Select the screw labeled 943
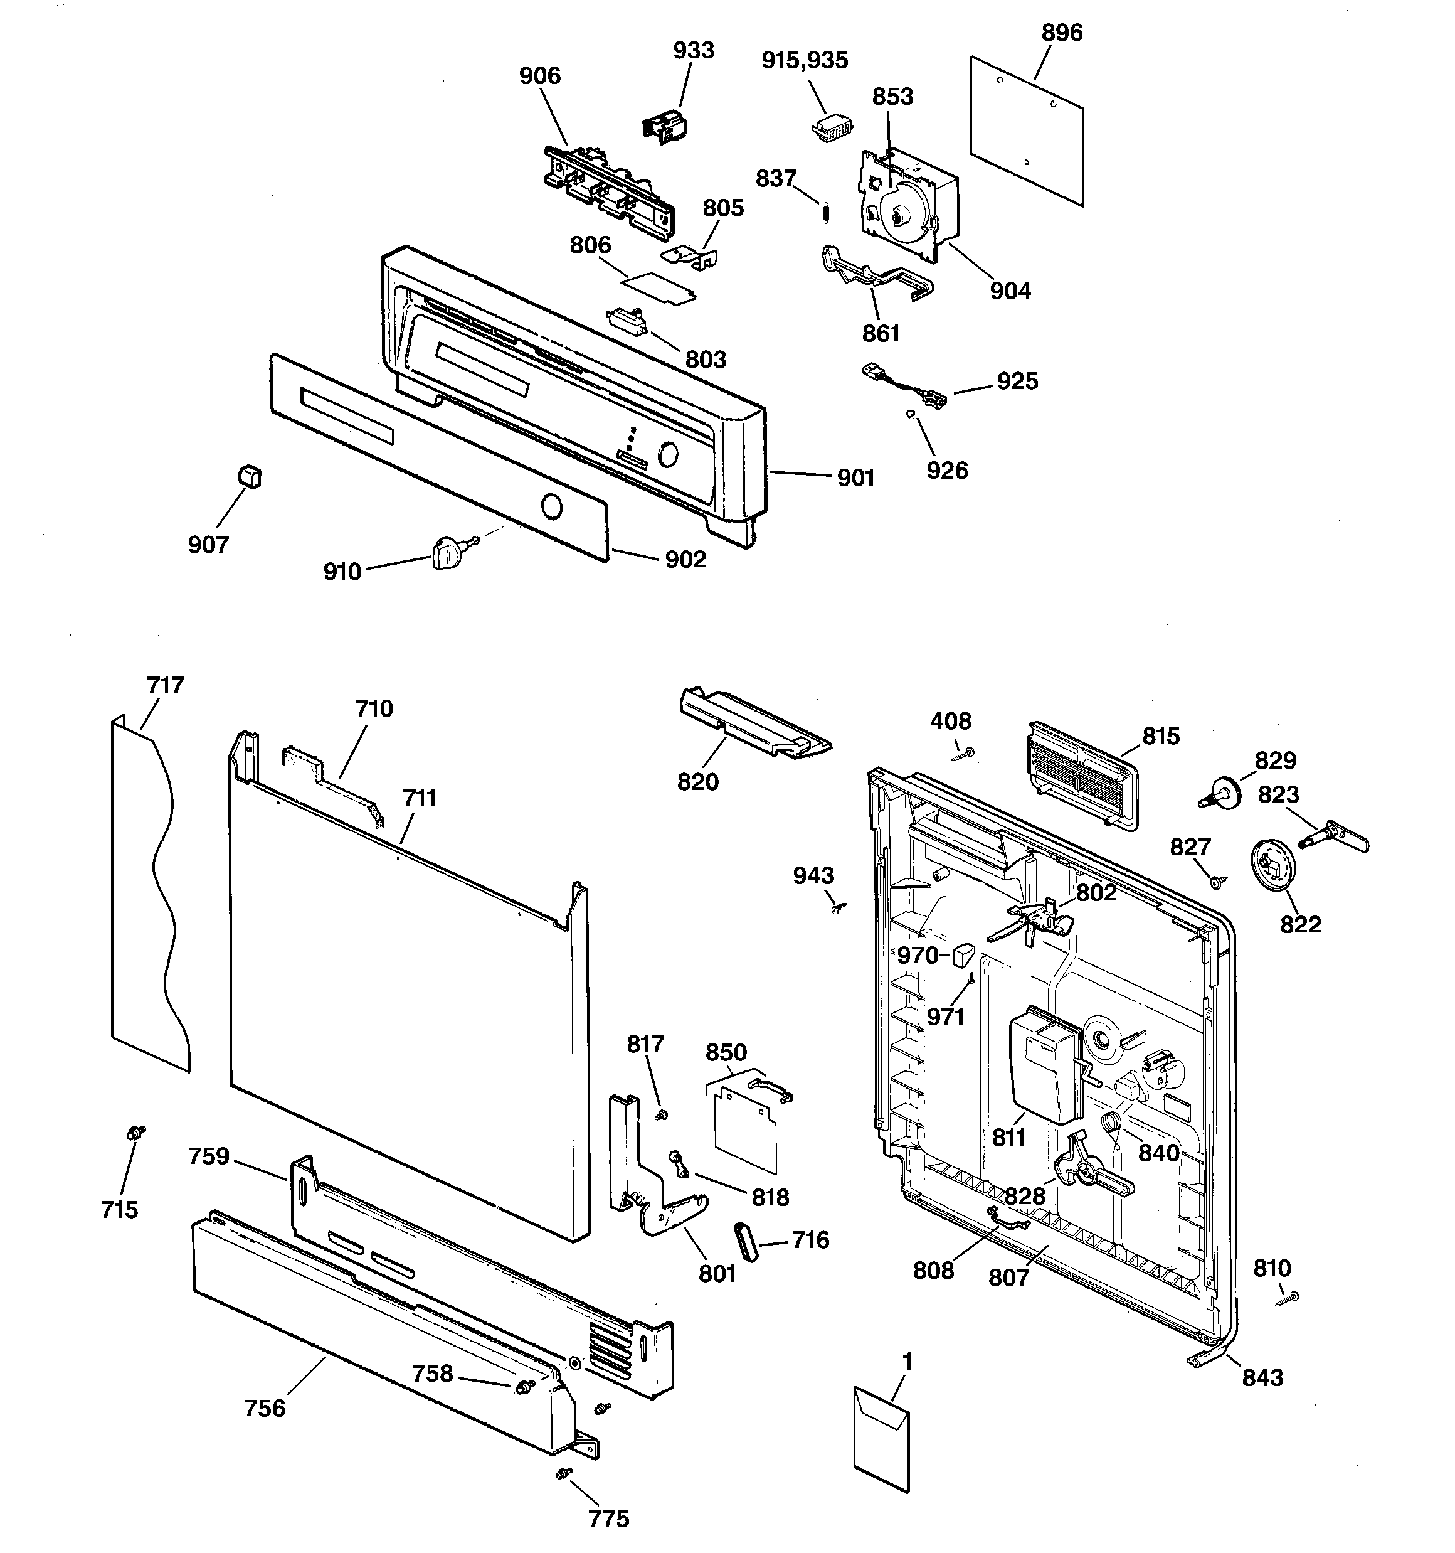click(838, 909)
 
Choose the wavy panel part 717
click(150, 890)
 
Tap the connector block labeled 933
click(665, 125)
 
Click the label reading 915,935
click(805, 60)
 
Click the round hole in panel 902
click(551, 507)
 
